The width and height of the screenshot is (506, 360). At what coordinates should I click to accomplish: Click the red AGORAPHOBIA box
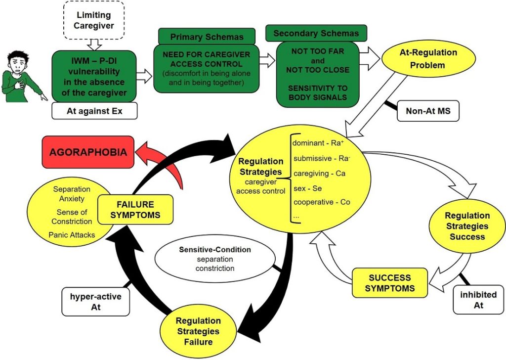[88, 152]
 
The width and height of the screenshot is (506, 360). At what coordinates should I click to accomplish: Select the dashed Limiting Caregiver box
[94, 20]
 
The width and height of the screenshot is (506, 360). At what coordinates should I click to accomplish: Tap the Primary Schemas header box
[207, 37]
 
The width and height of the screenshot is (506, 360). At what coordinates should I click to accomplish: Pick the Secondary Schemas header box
[316, 33]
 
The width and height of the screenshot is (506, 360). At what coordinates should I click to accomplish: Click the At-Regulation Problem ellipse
[428, 59]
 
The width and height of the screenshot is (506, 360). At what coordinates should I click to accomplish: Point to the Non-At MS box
[428, 111]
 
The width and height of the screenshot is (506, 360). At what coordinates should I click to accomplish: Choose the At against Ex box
[94, 111]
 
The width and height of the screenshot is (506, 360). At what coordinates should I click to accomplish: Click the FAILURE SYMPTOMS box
[135, 210]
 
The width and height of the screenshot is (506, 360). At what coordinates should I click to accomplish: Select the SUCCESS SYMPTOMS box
[390, 283]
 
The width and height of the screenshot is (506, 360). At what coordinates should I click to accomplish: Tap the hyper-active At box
[96, 302]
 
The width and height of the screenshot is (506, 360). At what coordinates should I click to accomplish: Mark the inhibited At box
[478, 300]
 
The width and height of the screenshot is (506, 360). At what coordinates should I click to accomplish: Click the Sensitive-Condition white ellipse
[215, 259]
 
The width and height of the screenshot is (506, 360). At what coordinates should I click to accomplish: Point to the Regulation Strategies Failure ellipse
[198, 332]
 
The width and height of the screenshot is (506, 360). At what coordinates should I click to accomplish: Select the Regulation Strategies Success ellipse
[467, 226]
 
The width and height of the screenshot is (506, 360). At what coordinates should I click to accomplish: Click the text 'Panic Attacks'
[72, 235]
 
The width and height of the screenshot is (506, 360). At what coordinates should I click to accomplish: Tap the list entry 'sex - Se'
[307, 188]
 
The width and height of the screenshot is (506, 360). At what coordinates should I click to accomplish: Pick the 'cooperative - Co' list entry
[322, 202]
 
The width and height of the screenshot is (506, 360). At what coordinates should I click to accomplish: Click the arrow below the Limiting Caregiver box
[94, 45]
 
